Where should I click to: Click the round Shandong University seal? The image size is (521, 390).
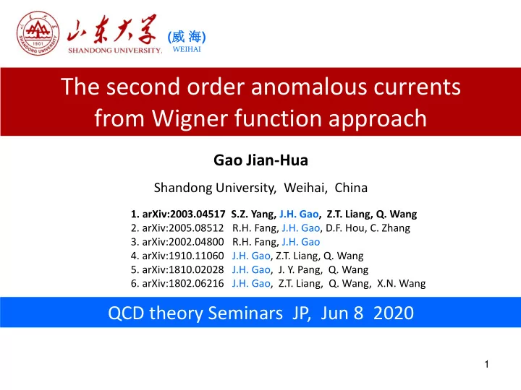(38, 33)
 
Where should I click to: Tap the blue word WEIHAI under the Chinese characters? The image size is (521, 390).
(187, 49)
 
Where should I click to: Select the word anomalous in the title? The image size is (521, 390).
(309, 87)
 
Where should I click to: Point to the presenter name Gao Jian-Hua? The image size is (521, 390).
(260, 160)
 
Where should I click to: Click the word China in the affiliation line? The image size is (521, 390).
(351, 188)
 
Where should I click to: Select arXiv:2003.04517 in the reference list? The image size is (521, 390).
(184, 214)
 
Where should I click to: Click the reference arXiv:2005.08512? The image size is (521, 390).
(183, 228)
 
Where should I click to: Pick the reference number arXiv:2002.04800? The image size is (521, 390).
(183, 242)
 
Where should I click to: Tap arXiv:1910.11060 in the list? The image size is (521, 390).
(183, 256)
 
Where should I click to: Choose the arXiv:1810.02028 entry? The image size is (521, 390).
(183, 270)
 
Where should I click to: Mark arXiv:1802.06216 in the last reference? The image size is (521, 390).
(183, 284)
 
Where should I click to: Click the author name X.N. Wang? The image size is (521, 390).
(402, 284)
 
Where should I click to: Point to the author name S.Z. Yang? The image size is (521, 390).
(254, 214)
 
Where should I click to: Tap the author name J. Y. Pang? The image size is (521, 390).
(300, 270)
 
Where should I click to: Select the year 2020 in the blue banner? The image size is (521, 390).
(394, 313)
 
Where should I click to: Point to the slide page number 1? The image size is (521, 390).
(487, 365)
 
